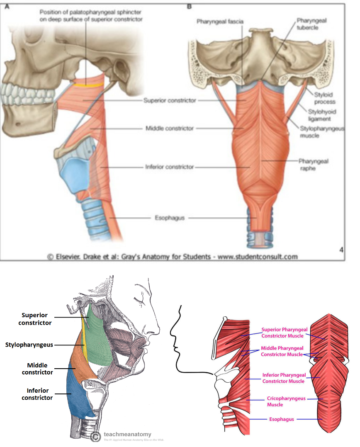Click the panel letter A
[6, 6]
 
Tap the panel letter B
[190, 6]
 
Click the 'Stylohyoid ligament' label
[322, 115]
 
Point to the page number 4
[341, 249]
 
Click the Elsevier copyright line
[173, 257]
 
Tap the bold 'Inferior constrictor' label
[37, 394]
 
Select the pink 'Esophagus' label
[282, 419]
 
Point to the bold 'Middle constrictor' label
[37, 369]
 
